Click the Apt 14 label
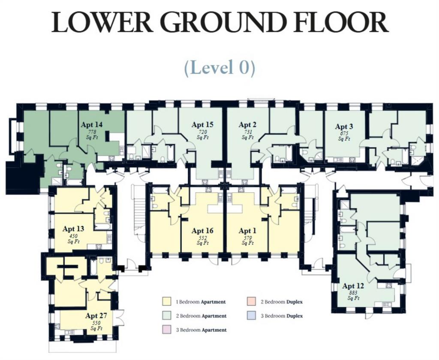point(92,124)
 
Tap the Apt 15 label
point(202,124)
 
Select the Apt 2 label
point(247,124)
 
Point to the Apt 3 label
point(344,126)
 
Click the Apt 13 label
point(73,229)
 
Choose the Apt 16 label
point(202,230)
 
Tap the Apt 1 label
point(247,230)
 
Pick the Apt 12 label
point(353,286)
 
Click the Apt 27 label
point(96,315)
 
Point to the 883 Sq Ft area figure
point(353,295)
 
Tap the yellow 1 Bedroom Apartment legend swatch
point(167,302)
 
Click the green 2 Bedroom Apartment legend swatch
point(167,315)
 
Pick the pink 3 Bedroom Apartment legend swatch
point(167,330)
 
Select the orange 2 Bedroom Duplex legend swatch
point(251,302)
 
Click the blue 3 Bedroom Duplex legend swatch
point(251,315)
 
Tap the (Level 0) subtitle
point(219,67)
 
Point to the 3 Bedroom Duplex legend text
point(282,316)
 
